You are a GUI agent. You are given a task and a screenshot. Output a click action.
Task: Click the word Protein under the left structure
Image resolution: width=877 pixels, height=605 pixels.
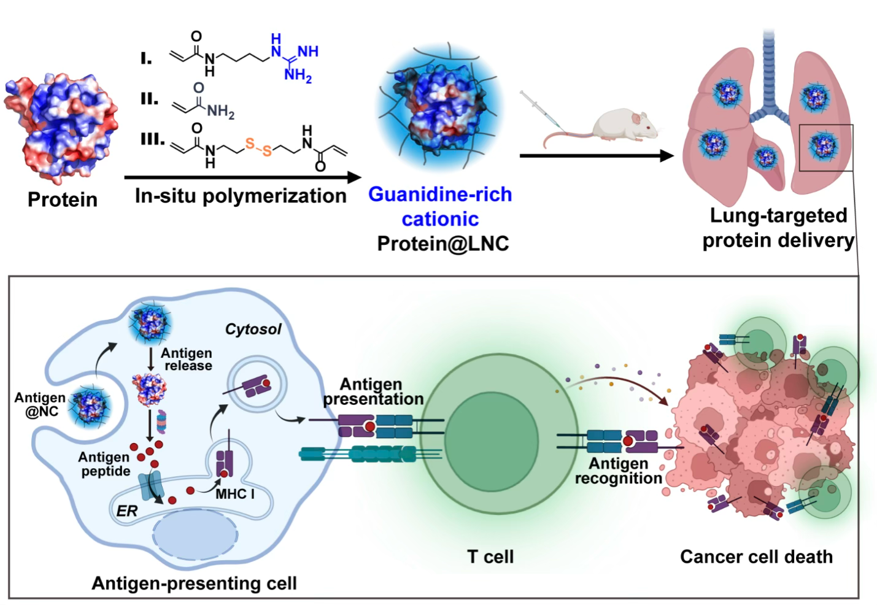[x=63, y=199]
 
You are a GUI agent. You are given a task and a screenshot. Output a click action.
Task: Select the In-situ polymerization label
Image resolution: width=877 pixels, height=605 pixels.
[x=241, y=196]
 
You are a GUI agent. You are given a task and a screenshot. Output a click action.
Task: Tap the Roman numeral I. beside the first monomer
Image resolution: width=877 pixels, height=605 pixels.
[x=146, y=58]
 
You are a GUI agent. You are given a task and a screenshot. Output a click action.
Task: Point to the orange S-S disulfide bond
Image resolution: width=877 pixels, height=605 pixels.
[x=258, y=147]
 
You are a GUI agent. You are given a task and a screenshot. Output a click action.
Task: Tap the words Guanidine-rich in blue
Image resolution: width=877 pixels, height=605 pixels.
[x=440, y=195]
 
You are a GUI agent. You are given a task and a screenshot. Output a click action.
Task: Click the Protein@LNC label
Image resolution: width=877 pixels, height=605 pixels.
[x=443, y=244]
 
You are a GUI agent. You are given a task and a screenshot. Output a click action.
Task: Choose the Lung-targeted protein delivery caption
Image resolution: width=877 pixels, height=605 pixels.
[x=778, y=228]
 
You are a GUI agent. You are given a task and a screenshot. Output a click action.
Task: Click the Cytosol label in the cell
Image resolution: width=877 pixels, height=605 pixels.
[x=253, y=329]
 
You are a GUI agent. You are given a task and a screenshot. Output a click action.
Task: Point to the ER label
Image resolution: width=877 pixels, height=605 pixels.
[x=127, y=511]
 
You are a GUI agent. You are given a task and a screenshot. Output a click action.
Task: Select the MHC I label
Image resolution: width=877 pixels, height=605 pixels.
[x=234, y=494]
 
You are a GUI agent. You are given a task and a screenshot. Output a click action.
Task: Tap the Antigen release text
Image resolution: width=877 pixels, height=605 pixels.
[x=187, y=360]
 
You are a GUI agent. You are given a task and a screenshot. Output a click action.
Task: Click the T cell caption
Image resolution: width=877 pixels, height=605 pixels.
[x=490, y=557]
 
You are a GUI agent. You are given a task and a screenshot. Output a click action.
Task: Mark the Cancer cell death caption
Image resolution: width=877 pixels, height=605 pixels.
[x=756, y=557]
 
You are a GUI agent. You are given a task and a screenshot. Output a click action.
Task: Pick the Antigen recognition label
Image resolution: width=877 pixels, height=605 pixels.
[x=619, y=471]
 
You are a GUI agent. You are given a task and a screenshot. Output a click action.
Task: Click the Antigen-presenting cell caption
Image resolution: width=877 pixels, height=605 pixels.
[x=194, y=583]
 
